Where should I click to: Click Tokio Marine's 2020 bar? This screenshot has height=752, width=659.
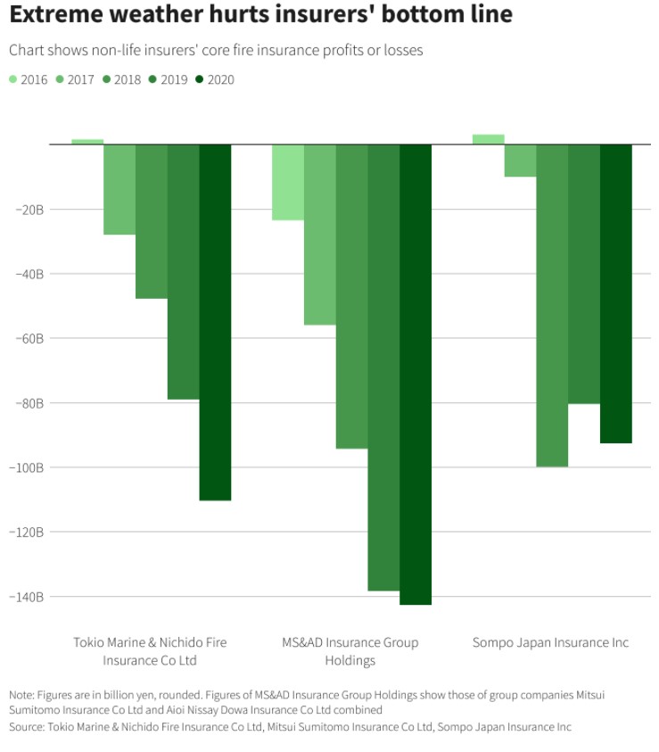click(x=215, y=321)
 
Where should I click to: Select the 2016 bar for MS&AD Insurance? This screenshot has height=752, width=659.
click(x=287, y=182)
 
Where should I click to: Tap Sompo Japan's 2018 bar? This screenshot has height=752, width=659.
click(x=551, y=305)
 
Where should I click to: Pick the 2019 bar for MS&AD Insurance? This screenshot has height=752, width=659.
click(x=383, y=367)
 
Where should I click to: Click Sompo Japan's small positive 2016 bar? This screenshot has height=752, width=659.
click(x=488, y=139)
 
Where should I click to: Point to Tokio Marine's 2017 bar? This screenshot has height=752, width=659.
click(x=119, y=189)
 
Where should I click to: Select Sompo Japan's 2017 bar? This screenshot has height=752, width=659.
click(x=520, y=161)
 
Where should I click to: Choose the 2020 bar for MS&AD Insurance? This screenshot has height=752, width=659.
click(x=416, y=374)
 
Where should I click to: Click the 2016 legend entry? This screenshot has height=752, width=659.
click(x=29, y=79)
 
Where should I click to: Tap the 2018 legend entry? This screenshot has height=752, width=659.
click(x=122, y=79)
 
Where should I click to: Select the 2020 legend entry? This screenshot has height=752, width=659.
click(x=215, y=79)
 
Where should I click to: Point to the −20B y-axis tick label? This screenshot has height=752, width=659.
click(x=29, y=210)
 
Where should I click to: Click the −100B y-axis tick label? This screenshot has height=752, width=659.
click(x=27, y=467)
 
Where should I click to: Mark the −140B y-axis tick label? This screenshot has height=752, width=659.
click(x=27, y=596)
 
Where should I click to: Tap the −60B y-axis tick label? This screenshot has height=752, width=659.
click(x=29, y=338)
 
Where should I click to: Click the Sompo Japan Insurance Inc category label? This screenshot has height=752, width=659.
click(x=550, y=642)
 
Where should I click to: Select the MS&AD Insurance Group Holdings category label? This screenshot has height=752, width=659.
click(x=350, y=651)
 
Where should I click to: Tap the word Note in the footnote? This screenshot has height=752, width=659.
click(x=21, y=694)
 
